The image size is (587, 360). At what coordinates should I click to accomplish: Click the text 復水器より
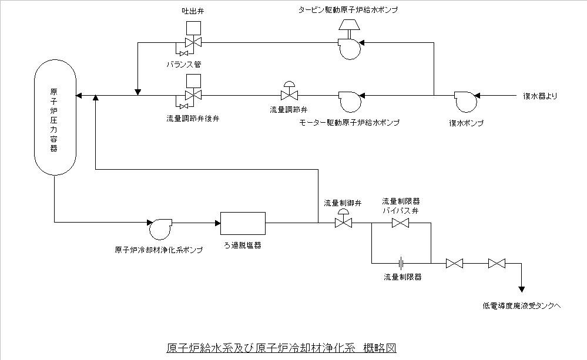coord(539,95)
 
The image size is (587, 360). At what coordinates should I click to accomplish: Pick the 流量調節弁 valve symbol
coord(289,95)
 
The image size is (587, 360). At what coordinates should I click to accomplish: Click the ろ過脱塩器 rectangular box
coord(243,223)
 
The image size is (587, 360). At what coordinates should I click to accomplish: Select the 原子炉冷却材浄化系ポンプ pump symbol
coord(159,228)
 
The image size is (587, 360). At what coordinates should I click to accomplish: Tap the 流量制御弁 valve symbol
coord(343,223)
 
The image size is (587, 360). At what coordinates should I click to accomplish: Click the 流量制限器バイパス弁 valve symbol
coord(401,223)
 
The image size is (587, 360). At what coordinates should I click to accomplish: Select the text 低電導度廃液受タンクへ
coord(522,305)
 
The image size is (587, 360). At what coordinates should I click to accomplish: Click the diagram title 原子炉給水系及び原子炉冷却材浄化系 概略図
coord(282,347)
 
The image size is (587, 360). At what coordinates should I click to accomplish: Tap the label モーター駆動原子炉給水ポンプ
coord(349,122)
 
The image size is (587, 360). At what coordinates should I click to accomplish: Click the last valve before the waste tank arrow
coord(497,264)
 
